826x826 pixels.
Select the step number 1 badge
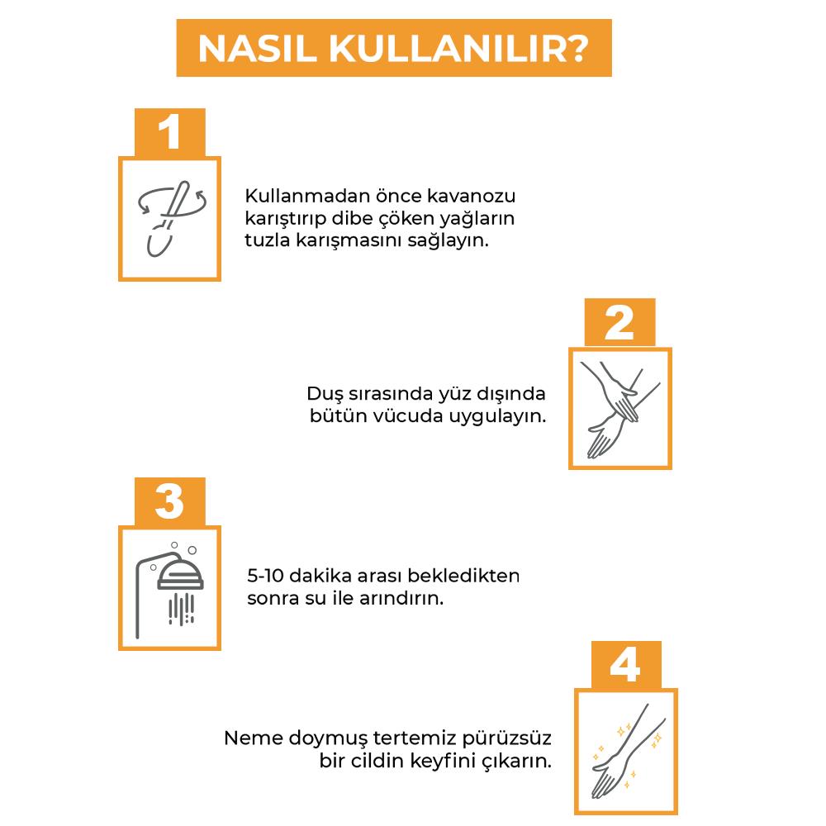(169, 132)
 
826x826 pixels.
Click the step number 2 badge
(619, 323)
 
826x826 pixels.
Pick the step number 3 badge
(169, 501)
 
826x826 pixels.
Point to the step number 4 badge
(624, 665)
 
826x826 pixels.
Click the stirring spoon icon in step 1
(169, 218)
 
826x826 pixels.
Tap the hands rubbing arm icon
(619, 408)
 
